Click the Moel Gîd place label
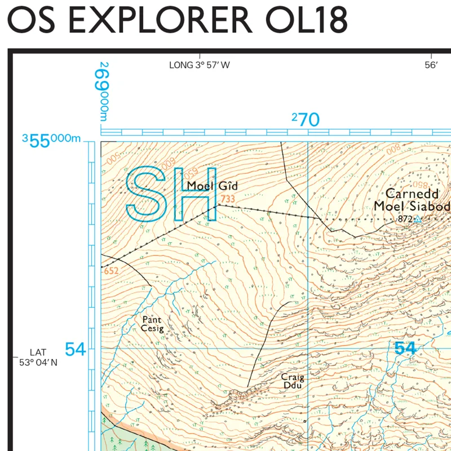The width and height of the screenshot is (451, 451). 213,186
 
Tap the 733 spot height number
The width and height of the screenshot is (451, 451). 228,199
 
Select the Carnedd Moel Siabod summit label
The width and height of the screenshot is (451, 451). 412,200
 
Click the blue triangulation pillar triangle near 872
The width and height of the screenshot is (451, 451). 418,219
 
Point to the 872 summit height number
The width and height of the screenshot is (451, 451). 405,219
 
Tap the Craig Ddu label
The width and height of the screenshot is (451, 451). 294,382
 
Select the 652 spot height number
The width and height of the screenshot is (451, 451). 111,271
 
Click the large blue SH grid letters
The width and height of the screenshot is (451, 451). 172,193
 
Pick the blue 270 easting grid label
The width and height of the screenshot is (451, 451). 306,120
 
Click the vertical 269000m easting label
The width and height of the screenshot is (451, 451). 104,90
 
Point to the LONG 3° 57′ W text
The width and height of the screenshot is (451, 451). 200,65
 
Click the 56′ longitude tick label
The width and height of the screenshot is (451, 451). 431,65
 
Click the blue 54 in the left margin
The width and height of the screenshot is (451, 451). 75,350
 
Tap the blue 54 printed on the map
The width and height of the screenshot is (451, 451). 404,348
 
